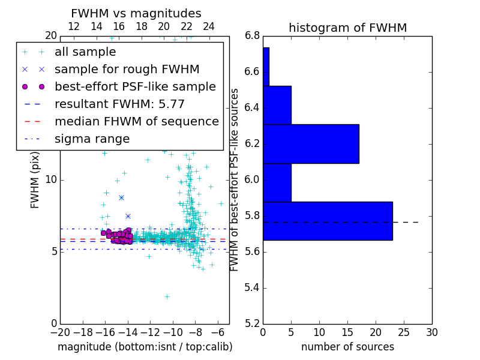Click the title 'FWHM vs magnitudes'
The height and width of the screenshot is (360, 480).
point(136,13)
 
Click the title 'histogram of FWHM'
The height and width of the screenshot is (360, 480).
point(347,28)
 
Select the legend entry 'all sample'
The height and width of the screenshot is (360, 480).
point(85,52)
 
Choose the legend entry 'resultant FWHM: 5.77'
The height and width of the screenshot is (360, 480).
point(129,104)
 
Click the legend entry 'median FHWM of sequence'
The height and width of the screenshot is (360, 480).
point(136,122)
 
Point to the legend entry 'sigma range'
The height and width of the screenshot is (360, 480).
point(92,139)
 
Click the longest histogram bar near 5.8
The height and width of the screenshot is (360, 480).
point(328,221)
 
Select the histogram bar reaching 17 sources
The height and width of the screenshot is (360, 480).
point(311,144)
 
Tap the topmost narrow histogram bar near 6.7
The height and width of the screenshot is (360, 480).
point(266,67)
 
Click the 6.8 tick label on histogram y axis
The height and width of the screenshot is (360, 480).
point(252,36)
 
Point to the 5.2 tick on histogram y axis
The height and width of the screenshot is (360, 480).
point(252,323)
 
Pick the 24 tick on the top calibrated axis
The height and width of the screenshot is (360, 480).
point(209,26)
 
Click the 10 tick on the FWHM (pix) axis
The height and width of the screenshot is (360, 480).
point(51,179)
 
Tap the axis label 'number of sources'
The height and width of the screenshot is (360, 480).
point(347,347)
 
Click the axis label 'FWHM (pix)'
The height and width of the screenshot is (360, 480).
point(35,179)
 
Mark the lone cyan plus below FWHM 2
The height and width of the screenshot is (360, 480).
point(167,296)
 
